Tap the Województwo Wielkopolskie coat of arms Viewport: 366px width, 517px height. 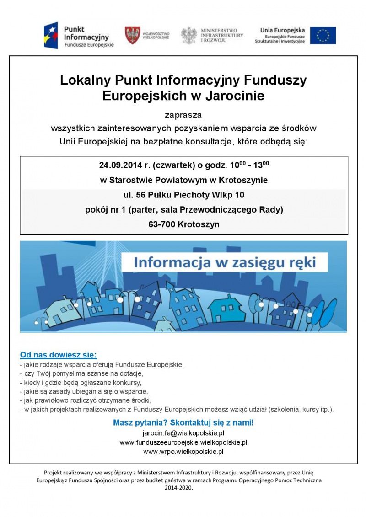tap(133, 35)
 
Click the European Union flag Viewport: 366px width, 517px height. tap(323, 35)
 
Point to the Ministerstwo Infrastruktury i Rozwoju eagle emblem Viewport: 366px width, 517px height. tap(189, 35)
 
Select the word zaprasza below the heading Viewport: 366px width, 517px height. tap(183, 114)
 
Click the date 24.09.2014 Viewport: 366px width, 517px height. tap(117, 165)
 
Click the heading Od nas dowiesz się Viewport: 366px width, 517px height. tap(58, 355)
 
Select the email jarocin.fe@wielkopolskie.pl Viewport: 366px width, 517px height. tap(183, 433)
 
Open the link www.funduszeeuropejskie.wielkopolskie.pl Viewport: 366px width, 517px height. tap(183, 442)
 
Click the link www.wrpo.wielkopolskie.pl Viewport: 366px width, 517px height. tap(183, 452)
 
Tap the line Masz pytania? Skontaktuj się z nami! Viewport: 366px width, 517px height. tap(183, 422)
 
